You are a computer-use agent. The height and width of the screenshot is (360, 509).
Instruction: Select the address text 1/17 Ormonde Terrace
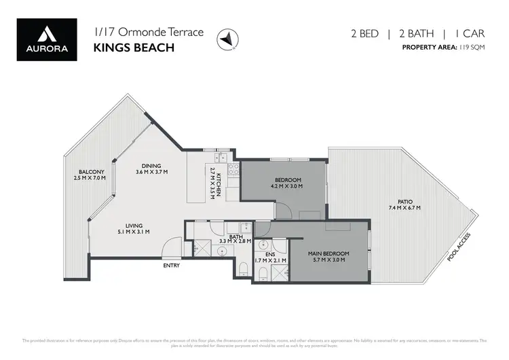click(x=134, y=31)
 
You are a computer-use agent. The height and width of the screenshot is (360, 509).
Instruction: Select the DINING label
click(x=151, y=166)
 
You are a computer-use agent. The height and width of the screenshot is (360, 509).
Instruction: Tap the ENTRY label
click(x=171, y=266)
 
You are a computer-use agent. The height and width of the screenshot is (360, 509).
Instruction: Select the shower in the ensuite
click(x=279, y=274)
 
